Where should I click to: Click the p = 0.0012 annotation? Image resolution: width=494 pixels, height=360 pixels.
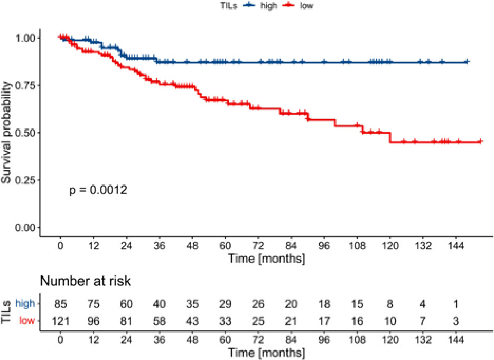click(98, 190)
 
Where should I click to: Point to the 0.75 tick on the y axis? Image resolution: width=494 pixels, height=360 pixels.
click(27, 85)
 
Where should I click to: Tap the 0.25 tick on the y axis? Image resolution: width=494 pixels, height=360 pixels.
click(27, 180)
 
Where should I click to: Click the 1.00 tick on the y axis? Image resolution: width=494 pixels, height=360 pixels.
click(27, 38)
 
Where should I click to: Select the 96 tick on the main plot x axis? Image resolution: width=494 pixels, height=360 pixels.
click(324, 247)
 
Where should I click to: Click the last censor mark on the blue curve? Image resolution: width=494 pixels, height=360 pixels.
click(467, 62)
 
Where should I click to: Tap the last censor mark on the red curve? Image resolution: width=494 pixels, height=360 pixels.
click(481, 142)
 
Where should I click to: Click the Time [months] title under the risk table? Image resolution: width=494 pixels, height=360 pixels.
click(265, 350)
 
